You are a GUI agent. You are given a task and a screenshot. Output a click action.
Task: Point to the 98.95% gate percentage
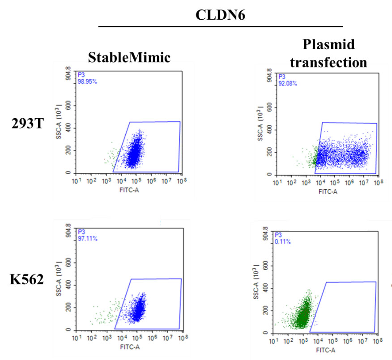[88, 82]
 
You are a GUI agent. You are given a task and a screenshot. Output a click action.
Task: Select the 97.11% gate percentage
[88, 239]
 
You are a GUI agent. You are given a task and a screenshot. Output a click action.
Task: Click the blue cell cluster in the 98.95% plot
[134, 150]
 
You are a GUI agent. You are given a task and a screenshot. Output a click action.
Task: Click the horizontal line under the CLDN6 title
[220, 27]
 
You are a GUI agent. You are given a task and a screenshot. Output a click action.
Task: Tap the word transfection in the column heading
[328, 62]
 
